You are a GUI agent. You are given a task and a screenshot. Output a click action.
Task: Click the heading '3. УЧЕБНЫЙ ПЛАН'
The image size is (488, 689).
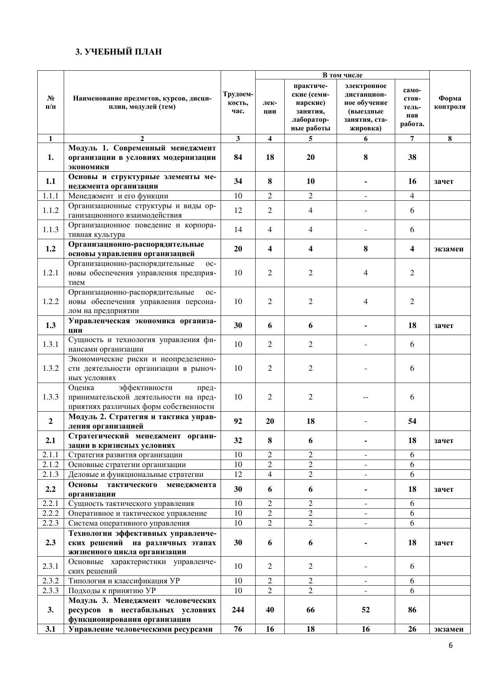(118, 52)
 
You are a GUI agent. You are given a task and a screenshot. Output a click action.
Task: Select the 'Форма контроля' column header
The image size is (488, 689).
(449, 103)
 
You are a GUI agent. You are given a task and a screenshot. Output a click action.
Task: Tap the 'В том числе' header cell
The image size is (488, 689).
(342, 75)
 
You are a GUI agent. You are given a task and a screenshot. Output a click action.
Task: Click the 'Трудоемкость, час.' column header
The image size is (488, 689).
(238, 103)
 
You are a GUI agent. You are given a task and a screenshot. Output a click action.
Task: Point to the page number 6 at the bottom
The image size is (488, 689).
(451, 645)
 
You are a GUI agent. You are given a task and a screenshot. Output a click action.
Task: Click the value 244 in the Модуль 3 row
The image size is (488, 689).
(238, 610)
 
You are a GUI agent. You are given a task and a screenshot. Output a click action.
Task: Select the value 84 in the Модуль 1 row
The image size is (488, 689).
(238, 157)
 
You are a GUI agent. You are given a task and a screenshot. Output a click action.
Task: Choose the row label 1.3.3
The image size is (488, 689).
(51, 397)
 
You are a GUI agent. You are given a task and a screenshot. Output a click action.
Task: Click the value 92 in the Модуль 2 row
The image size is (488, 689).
(238, 421)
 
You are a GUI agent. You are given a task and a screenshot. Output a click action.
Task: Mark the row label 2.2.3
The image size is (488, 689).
(51, 523)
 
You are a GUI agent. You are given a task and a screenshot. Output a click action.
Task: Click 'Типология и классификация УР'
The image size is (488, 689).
(124, 581)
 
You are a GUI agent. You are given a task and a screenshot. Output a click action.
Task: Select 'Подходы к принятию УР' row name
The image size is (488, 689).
(112, 590)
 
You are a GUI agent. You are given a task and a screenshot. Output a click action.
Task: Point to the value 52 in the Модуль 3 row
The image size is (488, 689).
(366, 610)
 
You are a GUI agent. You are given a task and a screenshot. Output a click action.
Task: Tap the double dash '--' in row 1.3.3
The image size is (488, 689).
(366, 397)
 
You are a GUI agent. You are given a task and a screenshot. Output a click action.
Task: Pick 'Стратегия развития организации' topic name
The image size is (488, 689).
(125, 454)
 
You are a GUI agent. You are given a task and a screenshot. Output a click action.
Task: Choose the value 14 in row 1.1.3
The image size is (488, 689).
(238, 229)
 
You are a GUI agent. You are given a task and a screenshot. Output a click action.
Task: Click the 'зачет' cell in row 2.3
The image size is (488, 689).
(444, 542)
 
